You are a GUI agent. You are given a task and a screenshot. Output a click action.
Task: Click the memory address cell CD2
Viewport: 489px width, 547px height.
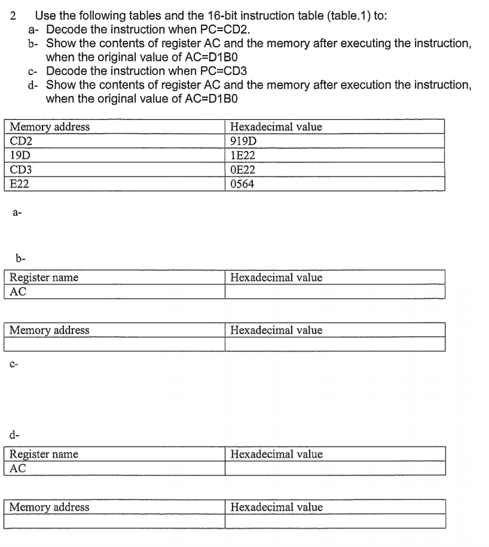(22, 142)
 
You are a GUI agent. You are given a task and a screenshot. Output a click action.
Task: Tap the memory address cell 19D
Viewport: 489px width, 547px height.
(22, 156)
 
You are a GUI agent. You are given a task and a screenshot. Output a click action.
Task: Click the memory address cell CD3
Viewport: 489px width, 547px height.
(22, 170)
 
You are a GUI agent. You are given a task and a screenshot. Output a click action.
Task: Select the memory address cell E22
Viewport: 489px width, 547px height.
(20, 184)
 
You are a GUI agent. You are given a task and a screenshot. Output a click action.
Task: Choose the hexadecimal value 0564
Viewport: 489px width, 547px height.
(242, 184)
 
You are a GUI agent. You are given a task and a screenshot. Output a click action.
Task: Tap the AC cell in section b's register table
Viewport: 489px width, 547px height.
(19, 291)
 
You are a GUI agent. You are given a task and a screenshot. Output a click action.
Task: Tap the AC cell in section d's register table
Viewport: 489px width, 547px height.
(19, 469)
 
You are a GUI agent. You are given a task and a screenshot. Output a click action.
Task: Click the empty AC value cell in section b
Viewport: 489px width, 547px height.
(335, 291)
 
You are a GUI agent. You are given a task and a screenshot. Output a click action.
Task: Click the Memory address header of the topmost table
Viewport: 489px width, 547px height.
(50, 127)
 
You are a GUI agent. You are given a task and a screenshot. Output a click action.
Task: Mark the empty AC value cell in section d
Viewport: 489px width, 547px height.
(335, 469)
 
